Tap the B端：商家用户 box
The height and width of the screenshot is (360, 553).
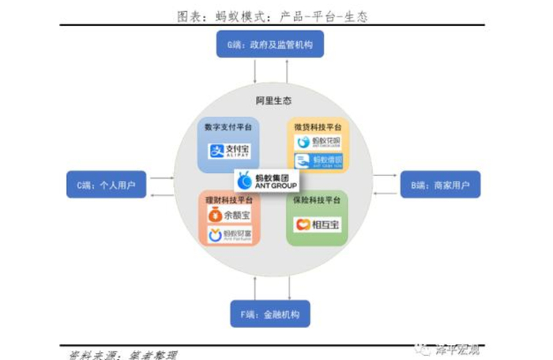tap(440, 186)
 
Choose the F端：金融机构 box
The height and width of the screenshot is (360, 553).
tap(269, 314)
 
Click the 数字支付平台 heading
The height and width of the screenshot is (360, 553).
tap(228, 126)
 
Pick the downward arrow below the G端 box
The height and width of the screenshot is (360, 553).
tap(255, 73)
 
